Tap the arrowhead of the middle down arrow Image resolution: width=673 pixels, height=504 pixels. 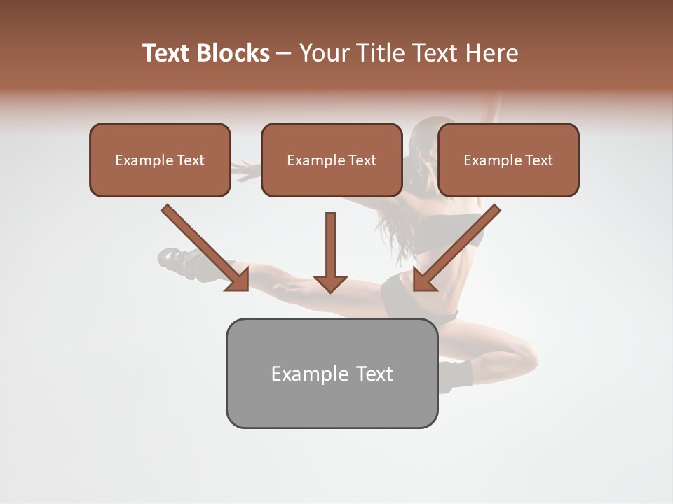[x=330, y=284]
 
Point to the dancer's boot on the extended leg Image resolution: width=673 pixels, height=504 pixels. [x=179, y=262]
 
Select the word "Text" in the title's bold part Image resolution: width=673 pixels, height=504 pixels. [x=167, y=53]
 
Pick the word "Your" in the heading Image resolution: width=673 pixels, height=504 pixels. [x=323, y=53]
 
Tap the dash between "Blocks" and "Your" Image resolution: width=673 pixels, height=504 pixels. [x=284, y=54]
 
